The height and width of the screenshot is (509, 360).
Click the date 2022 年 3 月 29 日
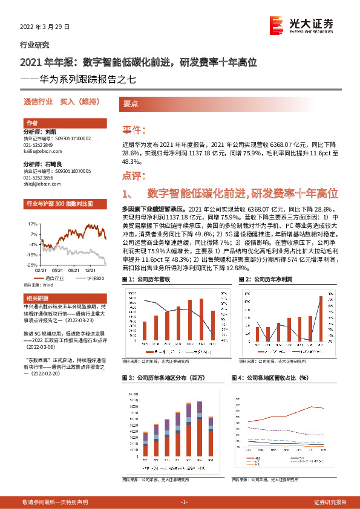tap(41, 27)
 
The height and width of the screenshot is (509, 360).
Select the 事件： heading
tap(134, 130)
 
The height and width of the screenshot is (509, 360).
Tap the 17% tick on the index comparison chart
tap(33, 223)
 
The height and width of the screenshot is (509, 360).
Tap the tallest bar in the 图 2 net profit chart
tap(321, 319)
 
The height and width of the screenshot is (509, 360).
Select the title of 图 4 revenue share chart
tap(270, 378)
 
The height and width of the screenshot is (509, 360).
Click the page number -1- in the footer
tap(185, 502)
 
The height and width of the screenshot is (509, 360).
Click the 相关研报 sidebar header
tap(33, 299)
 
